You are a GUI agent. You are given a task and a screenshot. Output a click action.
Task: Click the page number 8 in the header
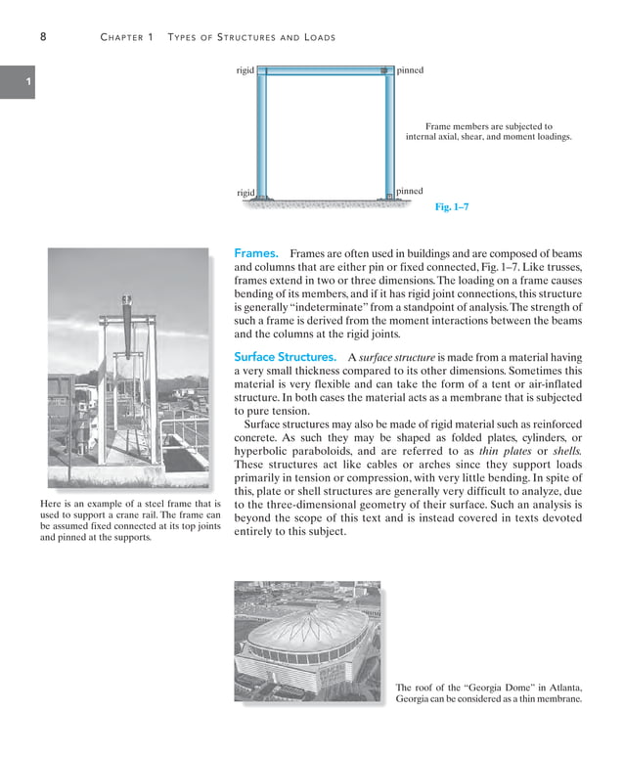click(x=44, y=37)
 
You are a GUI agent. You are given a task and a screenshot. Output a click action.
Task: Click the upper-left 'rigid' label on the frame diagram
click(x=245, y=70)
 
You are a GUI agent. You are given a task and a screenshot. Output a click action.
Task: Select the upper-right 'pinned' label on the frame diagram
click(x=410, y=70)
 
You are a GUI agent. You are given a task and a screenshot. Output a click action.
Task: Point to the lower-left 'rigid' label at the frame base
click(x=245, y=193)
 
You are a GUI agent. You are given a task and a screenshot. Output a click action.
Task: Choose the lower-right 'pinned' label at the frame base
click(x=410, y=191)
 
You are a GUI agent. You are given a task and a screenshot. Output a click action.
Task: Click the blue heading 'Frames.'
click(x=256, y=253)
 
